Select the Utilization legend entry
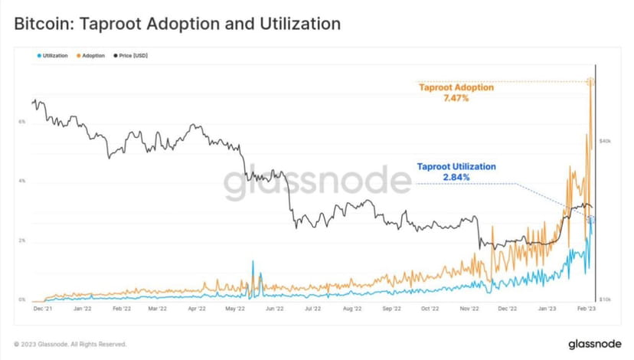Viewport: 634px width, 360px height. click(53, 56)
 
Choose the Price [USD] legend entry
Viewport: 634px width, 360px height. click(132, 56)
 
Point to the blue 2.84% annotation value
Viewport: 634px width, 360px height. click(456, 177)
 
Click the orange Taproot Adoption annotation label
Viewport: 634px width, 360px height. click(456, 87)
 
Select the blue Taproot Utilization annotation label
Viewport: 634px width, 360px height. click(456, 166)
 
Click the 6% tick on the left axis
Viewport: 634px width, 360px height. click(22, 122)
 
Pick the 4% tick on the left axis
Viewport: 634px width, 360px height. click(22, 182)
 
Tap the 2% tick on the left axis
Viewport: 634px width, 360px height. click(22, 241)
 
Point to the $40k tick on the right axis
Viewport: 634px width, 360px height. click(604, 141)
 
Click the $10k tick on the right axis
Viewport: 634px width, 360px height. click(604, 299)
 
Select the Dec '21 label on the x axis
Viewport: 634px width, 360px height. click(43, 310)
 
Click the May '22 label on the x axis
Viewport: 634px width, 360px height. click(235, 310)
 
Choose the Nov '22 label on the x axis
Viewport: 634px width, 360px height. click(469, 310)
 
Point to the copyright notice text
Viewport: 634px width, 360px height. click(70, 344)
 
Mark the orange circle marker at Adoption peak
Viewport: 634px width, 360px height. click(590, 81)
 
